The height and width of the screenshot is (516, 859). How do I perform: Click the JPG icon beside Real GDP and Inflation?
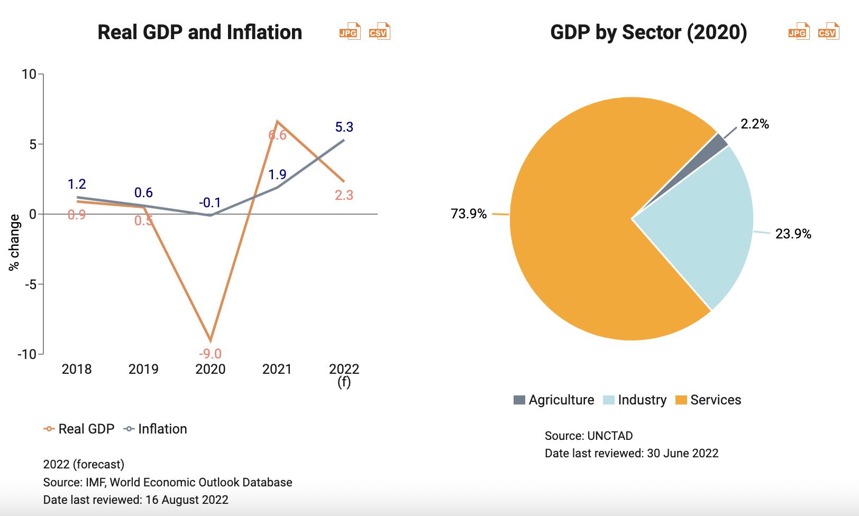pos(350,32)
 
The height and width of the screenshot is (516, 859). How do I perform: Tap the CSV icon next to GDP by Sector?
pos(828,32)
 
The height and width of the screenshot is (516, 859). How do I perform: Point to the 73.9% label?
pos(468,214)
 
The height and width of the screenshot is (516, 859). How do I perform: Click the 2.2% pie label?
pos(755,124)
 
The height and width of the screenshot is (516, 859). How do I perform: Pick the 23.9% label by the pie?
pos(793,234)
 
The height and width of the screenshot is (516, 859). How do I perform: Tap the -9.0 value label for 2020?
pos(210,354)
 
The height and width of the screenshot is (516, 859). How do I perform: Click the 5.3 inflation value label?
pos(344,127)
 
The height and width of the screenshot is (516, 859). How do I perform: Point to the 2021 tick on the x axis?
pos(277,369)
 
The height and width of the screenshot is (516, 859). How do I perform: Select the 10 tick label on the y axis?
pos(29,74)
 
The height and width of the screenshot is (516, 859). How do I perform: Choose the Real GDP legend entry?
pos(79,429)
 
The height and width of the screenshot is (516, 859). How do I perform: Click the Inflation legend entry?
pos(156,429)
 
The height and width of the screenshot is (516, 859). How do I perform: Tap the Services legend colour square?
pos(681,400)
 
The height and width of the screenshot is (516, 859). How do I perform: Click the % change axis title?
pos(14,242)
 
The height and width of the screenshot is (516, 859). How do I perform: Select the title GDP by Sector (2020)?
pos(648,32)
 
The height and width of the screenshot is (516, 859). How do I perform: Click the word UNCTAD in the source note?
pos(610,436)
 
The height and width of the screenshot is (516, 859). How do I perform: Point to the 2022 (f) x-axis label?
pos(344,374)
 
